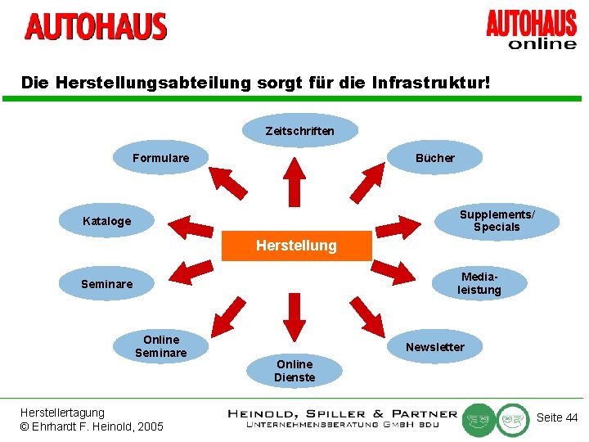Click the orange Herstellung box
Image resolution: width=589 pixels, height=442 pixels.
tap(296, 246)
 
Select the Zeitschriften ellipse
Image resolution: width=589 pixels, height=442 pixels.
tap(299, 130)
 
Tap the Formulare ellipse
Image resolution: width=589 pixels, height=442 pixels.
tap(160, 157)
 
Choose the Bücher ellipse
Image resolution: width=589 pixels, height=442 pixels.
tap(434, 157)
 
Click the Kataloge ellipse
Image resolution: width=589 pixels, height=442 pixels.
tap(106, 221)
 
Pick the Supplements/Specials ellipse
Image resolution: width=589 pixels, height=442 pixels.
tap(497, 221)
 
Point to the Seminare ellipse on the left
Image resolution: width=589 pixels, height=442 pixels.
tap(106, 284)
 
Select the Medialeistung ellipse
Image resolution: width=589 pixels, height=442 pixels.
tap(479, 284)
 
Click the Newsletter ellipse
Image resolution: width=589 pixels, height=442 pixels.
tap(434, 347)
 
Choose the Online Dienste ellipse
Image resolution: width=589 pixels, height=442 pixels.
tap(294, 371)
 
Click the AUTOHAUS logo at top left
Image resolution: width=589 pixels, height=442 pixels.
tap(96, 27)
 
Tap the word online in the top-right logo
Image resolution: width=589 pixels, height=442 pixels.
tap(542, 43)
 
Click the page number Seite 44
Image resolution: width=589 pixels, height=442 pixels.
tap(557, 417)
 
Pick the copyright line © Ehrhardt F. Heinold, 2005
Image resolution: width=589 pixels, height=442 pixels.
tap(92, 426)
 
